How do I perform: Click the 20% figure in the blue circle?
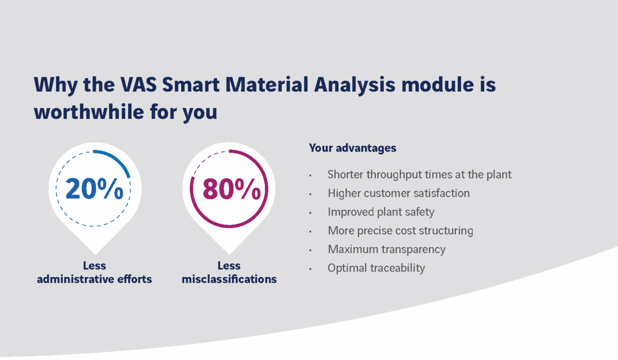coord(94,188)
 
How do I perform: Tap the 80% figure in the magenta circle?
coord(231,188)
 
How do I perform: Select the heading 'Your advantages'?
coord(353,148)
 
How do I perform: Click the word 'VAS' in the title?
coord(139,84)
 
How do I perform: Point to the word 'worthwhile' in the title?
coord(89,112)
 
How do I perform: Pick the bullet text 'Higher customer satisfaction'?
coord(399,193)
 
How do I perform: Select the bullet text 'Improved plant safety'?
coord(381,212)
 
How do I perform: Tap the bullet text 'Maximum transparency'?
coord(387,250)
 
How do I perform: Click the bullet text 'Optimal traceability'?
coord(376,268)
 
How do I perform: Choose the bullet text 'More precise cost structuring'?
coord(400,231)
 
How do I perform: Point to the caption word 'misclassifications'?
coord(229,279)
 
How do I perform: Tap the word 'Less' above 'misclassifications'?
coord(229,266)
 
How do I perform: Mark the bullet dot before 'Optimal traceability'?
coord(311,269)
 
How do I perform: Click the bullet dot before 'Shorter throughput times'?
coord(311,176)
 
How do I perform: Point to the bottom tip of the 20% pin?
coord(95,254)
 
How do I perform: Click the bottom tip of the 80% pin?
coord(229,254)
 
